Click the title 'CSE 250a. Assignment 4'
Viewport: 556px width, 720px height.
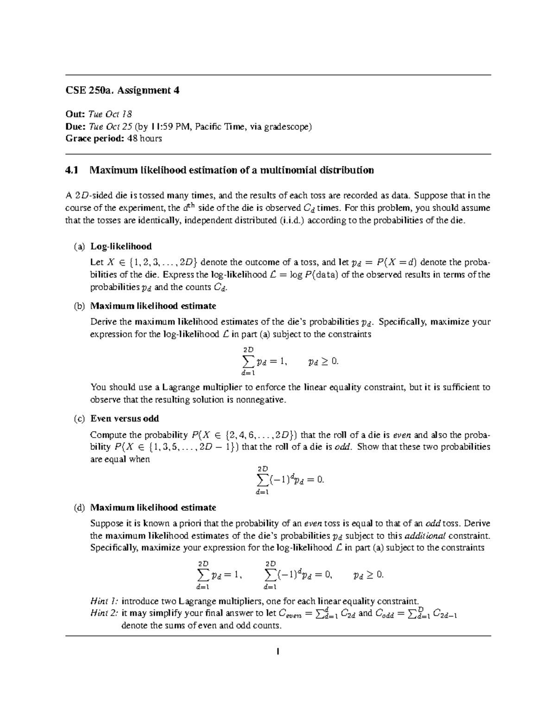click(122, 91)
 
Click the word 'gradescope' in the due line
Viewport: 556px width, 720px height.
click(287, 126)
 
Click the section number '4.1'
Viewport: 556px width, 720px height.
click(73, 170)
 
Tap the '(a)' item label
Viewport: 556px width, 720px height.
click(79, 246)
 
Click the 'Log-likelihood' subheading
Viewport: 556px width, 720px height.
click(121, 246)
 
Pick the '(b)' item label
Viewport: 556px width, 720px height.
click(79, 306)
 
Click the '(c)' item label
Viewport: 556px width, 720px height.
click(79, 419)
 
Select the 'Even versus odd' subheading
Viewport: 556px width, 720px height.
click(125, 419)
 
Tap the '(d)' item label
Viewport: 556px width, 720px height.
click(79, 507)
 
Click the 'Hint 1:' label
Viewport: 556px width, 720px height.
click(104, 601)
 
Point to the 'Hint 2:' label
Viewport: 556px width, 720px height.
click(104, 613)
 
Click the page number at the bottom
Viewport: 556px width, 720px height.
click(278, 652)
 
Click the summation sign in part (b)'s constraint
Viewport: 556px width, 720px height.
click(248, 361)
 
